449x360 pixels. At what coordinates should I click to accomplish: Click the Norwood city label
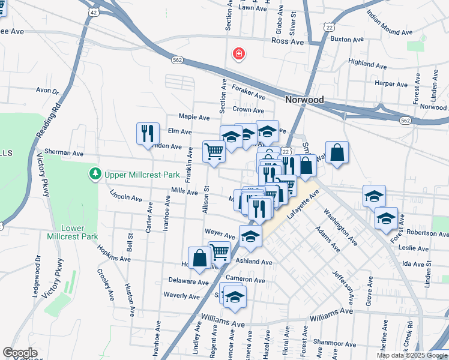click(x=304, y=100)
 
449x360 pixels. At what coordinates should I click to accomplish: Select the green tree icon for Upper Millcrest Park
click(x=94, y=175)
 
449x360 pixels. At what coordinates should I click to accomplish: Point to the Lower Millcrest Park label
click(x=80, y=232)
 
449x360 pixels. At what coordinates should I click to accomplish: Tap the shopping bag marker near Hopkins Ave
click(x=199, y=258)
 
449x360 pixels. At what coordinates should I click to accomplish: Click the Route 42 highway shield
click(x=92, y=11)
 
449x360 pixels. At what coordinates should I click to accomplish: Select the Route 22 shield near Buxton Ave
click(x=328, y=26)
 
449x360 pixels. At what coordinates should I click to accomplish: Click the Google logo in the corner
click(x=20, y=353)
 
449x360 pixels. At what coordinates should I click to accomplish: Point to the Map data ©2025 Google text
click(x=411, y=355)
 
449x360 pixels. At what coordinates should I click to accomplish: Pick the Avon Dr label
click(x=47, y=91)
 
